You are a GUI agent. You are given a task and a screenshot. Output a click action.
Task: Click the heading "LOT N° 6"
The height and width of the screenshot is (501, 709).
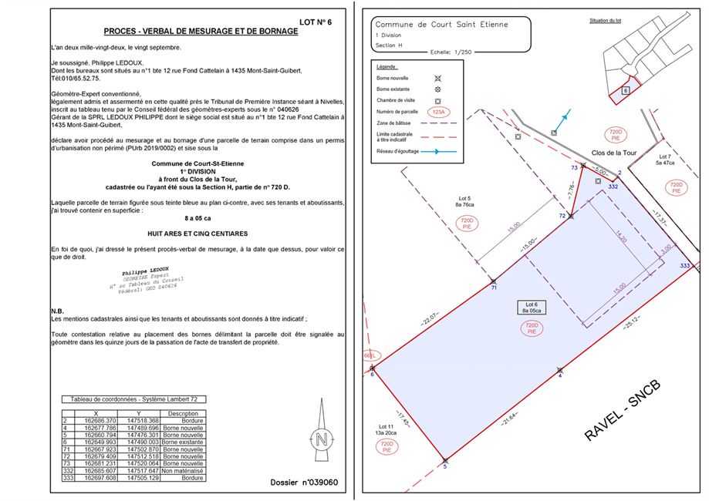tap(315, 22)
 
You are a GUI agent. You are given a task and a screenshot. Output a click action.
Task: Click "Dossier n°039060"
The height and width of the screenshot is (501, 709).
tap(304, 483)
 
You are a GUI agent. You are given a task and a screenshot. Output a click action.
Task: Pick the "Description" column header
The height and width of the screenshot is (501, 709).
tap(182, 413)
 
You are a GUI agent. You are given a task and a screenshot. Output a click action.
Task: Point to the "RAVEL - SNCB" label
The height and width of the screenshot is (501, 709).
tap(623, 409)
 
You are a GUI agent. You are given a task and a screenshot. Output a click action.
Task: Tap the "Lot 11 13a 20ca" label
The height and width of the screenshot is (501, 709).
tap(386, 431)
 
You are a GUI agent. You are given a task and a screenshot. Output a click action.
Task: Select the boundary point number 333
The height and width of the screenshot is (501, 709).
tap(684, 265)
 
